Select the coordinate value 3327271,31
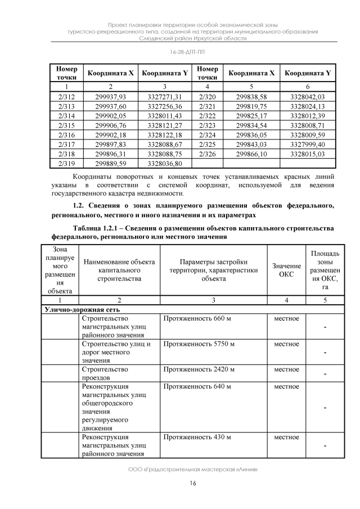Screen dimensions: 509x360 pos(164,97)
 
